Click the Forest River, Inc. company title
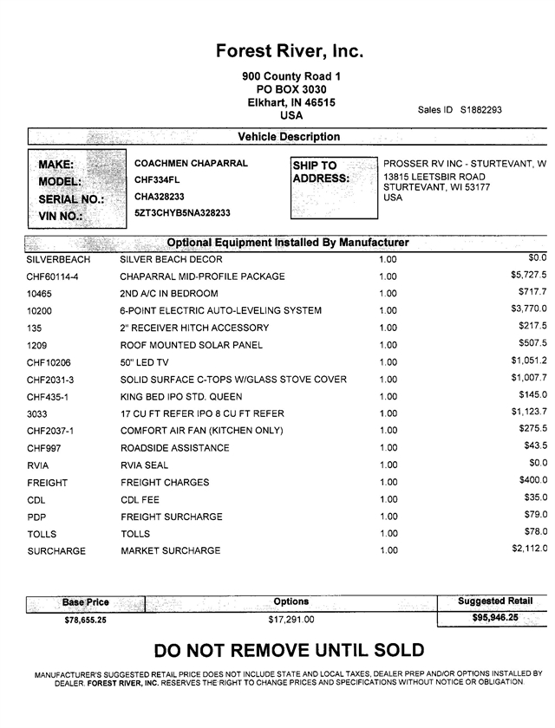290,51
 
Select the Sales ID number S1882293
481,110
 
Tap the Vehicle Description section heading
289,137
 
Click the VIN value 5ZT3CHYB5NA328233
182,212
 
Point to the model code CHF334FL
157,179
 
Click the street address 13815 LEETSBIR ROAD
434,176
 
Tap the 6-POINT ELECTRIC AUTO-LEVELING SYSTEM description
220,310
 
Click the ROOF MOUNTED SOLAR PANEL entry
191,345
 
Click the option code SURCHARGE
56,551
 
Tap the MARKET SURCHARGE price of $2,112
529,549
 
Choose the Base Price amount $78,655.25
85,620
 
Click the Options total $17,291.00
291,620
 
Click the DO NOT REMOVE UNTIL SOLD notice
289,651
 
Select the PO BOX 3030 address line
291,89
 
